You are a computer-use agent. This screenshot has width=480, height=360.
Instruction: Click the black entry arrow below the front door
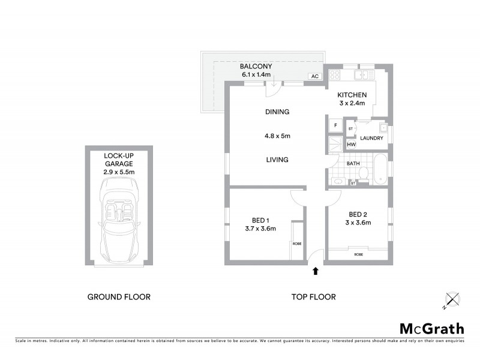pos(316,271)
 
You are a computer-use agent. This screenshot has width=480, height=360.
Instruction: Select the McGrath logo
pos(432,328)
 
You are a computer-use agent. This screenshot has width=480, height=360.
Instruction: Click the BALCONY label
pos(256,66)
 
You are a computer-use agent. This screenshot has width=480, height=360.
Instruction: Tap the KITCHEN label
pos(352,95)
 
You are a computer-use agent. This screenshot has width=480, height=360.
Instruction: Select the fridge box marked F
pos(336,125)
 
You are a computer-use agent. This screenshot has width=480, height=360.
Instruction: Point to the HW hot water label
pos(351,144)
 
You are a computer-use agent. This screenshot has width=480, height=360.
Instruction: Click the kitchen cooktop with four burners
pos(335,76)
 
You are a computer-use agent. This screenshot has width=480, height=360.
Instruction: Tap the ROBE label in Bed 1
pos(296,243)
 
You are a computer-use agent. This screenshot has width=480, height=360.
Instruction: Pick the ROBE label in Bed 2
pos(359,254)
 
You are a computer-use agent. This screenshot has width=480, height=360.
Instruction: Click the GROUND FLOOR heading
pos(119,296)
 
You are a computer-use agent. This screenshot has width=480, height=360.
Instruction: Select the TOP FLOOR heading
pos(313,296)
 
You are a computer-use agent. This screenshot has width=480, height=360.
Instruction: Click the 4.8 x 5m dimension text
pos(277,136)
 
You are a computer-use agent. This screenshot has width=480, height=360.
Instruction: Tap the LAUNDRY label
pos(373,139)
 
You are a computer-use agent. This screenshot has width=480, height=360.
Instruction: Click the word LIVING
pos(277,160)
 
